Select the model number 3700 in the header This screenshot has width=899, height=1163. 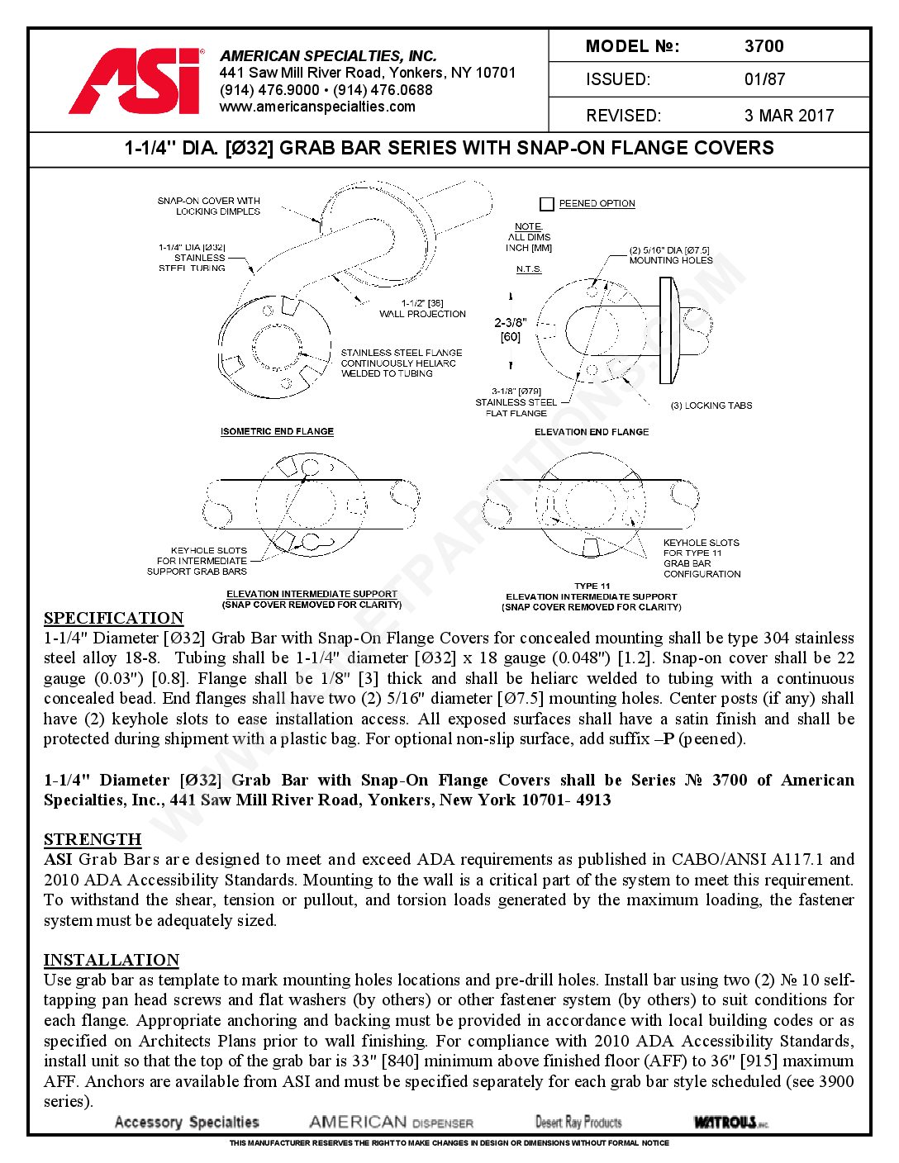click(x=763, y=46)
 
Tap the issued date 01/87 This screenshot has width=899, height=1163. click(x=764, y=80)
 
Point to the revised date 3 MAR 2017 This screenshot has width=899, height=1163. click(x=789, y=116)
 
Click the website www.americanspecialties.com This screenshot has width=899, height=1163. click(x=317, y=107)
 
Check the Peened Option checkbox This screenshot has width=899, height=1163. click(x=546, y=204)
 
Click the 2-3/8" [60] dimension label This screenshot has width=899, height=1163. click(x=510, y=330)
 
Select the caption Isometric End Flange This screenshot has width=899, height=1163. click(x=277, y=432)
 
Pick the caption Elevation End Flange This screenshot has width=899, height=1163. click(x=592, y=432)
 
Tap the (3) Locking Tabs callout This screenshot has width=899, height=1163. click(x=711, y=406)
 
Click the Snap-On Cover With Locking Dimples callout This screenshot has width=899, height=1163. click(x=209, y=206)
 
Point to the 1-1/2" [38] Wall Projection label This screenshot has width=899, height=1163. click(x=422, y=309)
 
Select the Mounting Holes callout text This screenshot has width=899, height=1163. click(x=670, y=255)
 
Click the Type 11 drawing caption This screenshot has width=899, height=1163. click(x=592, y=586)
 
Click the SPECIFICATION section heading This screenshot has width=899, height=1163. click(x=113, y=619)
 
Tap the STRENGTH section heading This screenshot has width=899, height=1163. click(x=93, y=840)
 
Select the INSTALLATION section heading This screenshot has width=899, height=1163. click(x=112, y=961)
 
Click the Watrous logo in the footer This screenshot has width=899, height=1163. click(x=730, y=1122)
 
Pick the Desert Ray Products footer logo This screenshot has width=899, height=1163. click(x=578, y=1122)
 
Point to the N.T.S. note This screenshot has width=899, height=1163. click(x=529, y=269)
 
